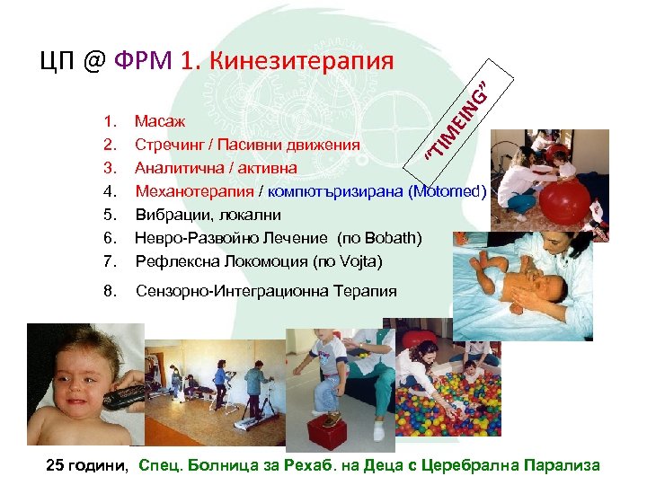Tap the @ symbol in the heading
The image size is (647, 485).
94,61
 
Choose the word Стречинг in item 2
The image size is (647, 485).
167,144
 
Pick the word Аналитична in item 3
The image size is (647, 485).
175,167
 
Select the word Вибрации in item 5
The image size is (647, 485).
166,215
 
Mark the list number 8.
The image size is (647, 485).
110,291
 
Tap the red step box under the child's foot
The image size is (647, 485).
329,421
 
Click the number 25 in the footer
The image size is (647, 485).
56,464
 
